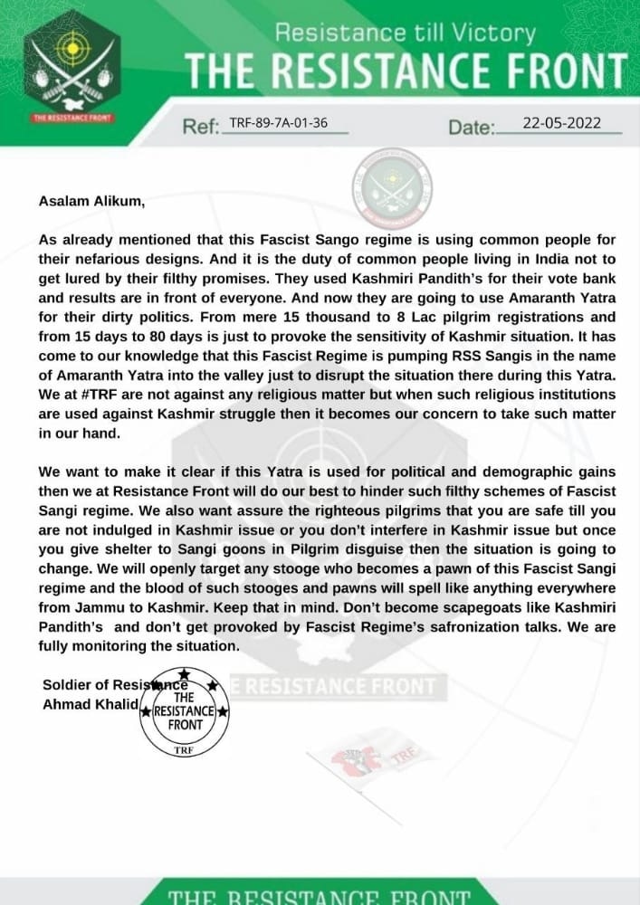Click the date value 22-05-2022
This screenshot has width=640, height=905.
pos(562,124)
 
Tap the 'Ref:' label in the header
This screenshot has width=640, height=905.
pos(201,128)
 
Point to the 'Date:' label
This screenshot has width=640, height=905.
pos(473,128)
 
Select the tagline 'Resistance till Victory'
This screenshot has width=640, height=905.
pos(405,34)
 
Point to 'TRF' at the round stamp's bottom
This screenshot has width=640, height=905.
pos(184,749)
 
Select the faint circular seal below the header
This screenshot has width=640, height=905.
pos(391,189)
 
